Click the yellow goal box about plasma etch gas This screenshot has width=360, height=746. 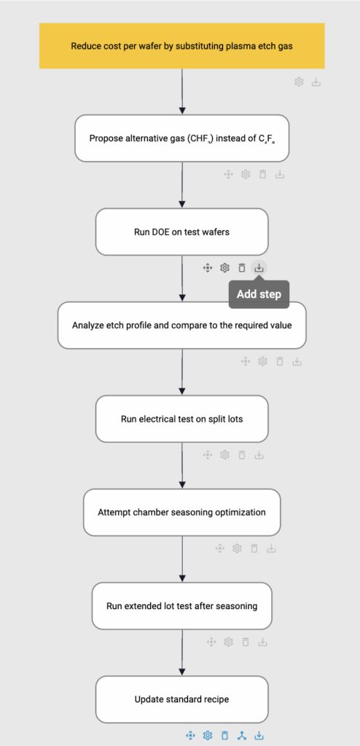[182, 46]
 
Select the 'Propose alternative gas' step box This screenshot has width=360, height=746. [182, 138]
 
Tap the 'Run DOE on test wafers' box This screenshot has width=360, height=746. [182, 232]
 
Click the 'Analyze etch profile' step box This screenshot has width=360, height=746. [182, 326]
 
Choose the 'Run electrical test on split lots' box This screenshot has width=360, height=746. [182, 419]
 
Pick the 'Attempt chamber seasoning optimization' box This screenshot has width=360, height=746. [182, 512]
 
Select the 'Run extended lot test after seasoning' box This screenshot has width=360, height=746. [182, 606]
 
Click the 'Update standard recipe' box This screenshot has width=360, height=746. [182, 699]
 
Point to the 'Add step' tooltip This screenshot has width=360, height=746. [259, 294]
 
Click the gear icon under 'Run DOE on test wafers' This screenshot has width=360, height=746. [224, 268]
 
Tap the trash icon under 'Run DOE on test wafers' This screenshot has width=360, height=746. [241, 268]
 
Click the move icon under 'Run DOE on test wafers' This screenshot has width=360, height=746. [207, 268]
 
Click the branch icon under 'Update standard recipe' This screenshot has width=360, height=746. [242, 736]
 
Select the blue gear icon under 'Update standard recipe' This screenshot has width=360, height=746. [207, 736]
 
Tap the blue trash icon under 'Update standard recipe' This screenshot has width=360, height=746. [224, 736]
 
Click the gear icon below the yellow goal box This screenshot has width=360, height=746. [299, 82]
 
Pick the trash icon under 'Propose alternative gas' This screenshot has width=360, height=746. [262, 175]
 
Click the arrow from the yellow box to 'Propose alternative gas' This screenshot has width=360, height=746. [182, 92]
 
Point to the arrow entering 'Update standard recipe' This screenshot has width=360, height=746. [182, 653]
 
